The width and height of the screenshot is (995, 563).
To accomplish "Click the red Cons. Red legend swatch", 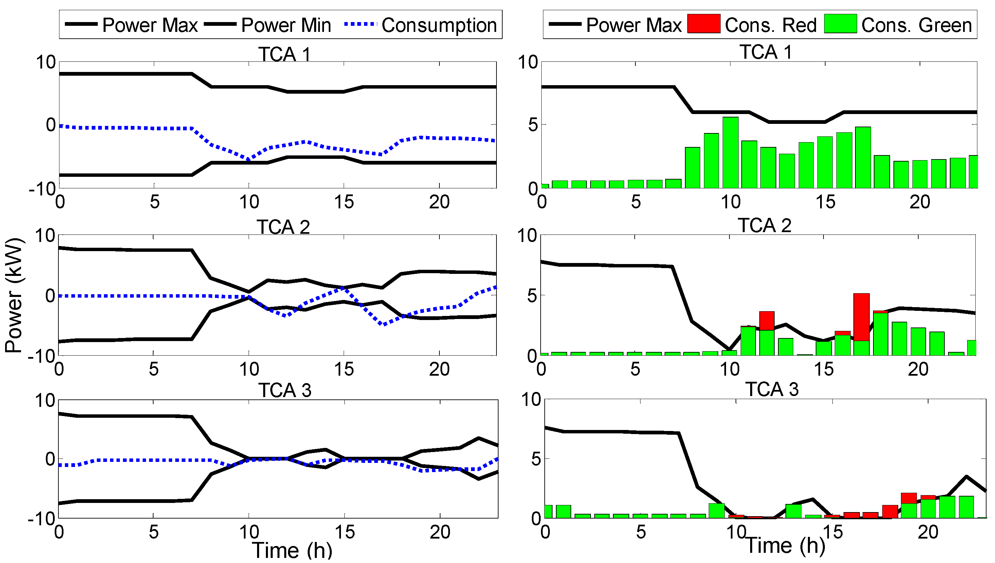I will tap(703, 24).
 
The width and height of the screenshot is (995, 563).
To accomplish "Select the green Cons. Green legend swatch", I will tap(840, 24).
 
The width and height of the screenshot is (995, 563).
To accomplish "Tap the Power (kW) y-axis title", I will tap(14, 296).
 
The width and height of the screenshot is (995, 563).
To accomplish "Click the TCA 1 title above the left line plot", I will tap(284, 54).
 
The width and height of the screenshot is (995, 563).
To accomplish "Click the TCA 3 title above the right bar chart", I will tap(772, 389).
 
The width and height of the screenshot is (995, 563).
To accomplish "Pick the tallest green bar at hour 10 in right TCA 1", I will tap(730, 153).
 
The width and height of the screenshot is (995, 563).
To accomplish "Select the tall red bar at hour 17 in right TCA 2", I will tap(862, 317).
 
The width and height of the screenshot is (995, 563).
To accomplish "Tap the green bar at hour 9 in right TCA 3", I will tap(717, 510).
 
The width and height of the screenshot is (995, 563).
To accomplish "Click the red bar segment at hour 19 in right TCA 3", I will tap(909, 498).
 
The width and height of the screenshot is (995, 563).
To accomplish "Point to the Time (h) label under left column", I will tap(292, 550).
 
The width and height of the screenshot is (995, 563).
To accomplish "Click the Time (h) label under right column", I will tap(785, 545).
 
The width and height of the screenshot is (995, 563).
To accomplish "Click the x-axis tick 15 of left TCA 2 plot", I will tap(344, 369).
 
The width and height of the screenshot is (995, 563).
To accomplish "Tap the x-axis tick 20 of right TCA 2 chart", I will tap(918, 369).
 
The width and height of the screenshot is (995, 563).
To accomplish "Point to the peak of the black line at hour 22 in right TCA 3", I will tap(966, 477).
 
